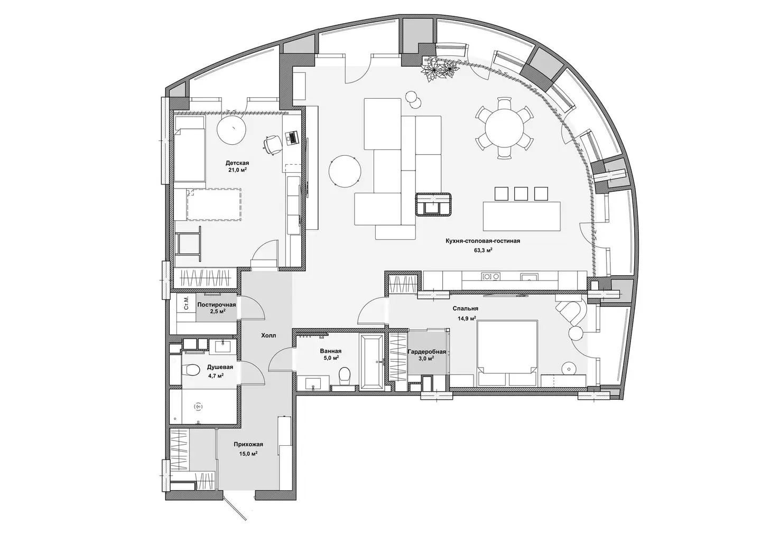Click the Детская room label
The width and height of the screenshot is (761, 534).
pyautogui.click(x=237, y=163)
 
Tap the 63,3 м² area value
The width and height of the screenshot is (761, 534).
pyautogui.click(x=483, y=250)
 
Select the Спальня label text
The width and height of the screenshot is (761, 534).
pyautogui.click(x=466, y=308)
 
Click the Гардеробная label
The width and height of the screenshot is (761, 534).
pyautogui.click(x=426, y=352)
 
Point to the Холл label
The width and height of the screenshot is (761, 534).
pyautogui.click(x=268, y=335)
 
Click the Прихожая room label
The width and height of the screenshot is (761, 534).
pyautogui.click(x=248, y=444)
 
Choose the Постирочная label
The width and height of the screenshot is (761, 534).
pyautogui.click(x=217, y=305)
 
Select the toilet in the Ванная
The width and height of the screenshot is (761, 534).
pyautogui.click(x=344, y=378)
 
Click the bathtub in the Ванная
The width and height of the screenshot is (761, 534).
pyautogui.click(x=372, y=362)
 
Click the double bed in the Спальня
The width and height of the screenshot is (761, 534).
pyautogui.click(x=507, y=353)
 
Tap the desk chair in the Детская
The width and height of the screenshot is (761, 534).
pyautogui.click(x=273, y=144)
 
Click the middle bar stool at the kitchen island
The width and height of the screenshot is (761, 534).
pyautogui.click(x=521, y=193)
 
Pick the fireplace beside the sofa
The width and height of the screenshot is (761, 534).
pyautogui.click(x=432, y=204)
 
